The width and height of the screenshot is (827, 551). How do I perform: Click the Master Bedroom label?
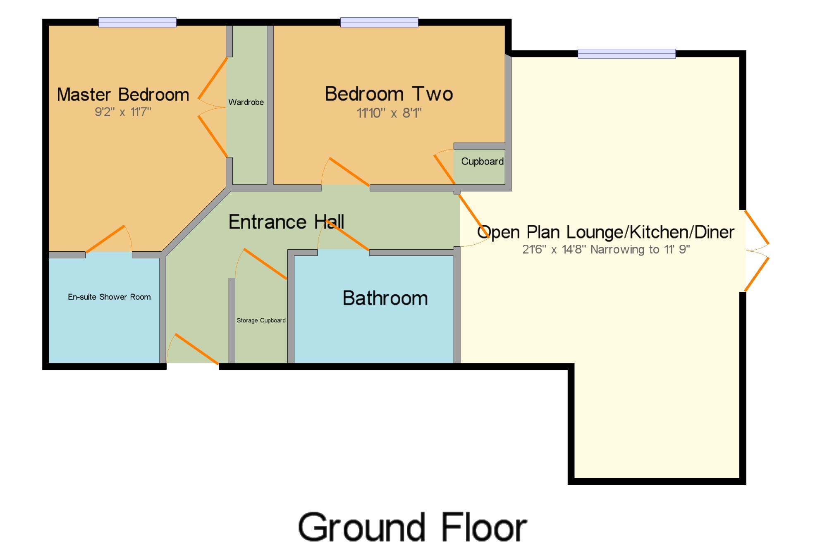[123, 95]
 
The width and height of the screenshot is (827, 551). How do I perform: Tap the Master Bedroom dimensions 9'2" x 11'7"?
[123, 112]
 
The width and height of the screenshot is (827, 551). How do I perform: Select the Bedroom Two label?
[389, 94]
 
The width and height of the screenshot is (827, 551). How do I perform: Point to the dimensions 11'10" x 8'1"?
[389, 113]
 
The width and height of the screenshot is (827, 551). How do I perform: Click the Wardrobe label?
[246, 102]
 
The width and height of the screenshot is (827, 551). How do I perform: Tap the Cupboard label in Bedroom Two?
[482, 162]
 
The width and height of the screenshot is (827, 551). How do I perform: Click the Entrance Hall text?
[286, 222]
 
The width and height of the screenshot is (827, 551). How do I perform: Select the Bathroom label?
[385, 298]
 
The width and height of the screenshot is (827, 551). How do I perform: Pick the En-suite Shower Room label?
[109, 297]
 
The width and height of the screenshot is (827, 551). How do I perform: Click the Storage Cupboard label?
[261, 320]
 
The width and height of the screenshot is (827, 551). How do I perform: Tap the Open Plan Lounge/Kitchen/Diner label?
[606, 232]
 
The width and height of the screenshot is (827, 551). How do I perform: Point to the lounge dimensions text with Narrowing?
[606, 249]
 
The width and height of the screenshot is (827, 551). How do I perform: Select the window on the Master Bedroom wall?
[137, 22]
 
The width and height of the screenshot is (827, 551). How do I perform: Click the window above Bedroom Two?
[379, 22]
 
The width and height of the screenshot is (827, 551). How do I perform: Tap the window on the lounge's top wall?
[626, 54]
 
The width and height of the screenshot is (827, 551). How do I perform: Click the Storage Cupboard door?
[265, 264]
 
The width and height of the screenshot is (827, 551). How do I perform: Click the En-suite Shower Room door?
[105, 239]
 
